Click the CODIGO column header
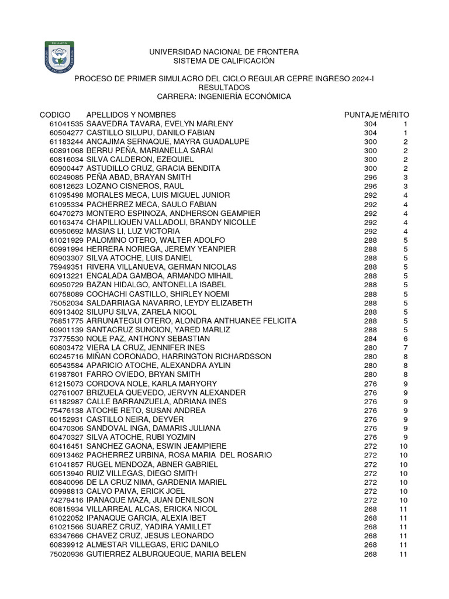[x=55, y=115]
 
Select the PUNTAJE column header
[x=361, y=115]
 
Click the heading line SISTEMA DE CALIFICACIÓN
[x=224, y=61]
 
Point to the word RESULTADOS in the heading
[x=224, y=87]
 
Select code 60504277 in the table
[x=66, y=133]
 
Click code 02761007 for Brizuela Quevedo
[x=66, y=393]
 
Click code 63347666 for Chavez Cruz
[x=66, y=536]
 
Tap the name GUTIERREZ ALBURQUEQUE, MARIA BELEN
[x=166, y=555]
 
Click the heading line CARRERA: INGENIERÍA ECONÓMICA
[x=224, y=97]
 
